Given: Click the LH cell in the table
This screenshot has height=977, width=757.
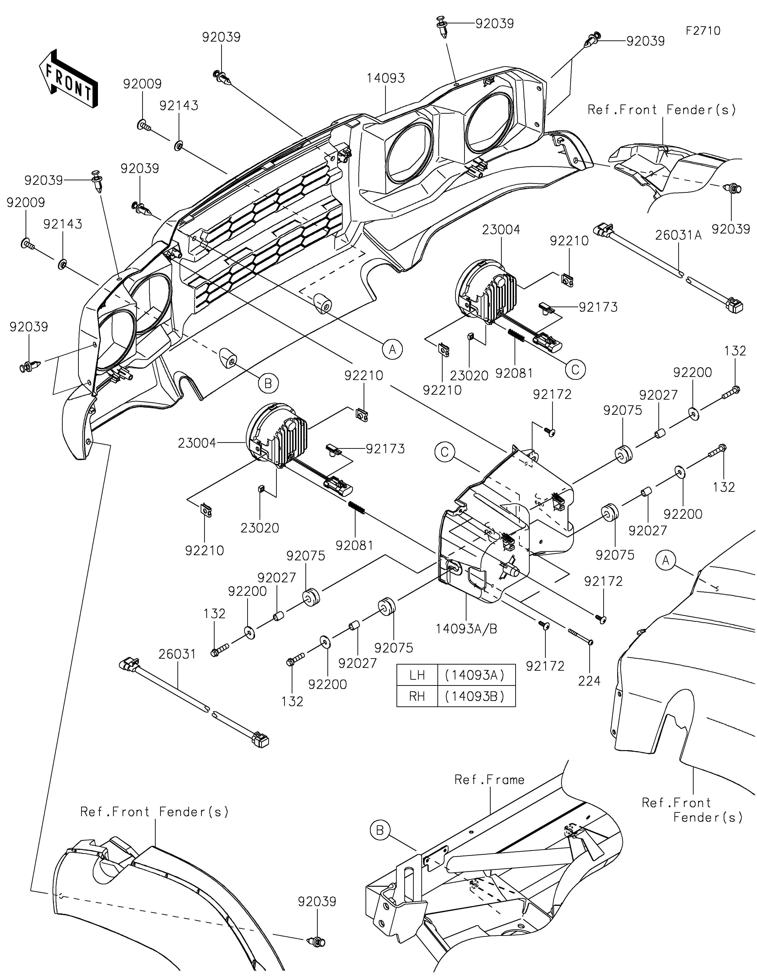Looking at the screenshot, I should click(x=417, y=674).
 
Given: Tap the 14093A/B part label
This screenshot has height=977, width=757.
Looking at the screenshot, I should click(x=467, y=629).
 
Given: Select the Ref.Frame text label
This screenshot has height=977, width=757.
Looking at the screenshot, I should click(x=489, y=780).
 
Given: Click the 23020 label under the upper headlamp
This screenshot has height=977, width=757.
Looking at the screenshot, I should click(x=469, y=375).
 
